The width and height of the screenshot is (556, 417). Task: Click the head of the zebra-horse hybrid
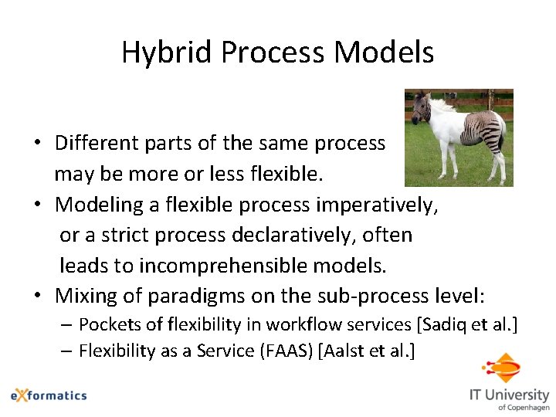click(x=421, y=109)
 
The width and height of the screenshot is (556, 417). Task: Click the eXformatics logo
click(x=49, y=395)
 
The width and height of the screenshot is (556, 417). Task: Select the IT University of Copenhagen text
click(x=509, y=398)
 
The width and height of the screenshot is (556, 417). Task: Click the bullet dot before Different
click(x=37, y=144)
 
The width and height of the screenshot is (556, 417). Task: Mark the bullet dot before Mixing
click(x=37, y=297)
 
